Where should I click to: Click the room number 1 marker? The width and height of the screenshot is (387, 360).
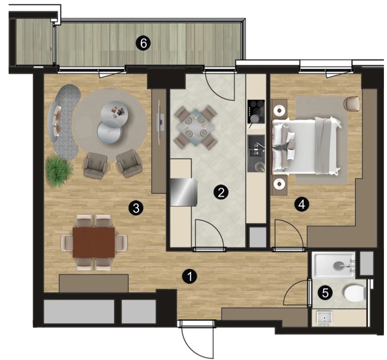190,277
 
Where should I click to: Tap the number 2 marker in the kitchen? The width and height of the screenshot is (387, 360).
221,192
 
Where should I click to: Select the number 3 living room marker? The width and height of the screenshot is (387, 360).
136,209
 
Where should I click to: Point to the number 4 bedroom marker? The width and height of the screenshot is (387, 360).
302,205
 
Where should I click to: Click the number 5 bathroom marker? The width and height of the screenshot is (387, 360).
325,293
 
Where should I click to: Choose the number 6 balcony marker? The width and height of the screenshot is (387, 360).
144,44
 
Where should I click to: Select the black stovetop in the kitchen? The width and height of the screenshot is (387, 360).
256,111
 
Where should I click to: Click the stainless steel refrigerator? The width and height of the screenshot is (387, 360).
184,192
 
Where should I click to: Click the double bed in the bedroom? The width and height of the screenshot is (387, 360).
306,147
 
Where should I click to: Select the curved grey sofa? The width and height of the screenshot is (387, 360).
64,122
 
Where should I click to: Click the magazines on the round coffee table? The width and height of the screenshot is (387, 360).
117,111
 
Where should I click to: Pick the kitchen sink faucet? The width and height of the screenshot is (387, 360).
261,146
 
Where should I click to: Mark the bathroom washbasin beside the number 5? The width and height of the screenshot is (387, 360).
324,318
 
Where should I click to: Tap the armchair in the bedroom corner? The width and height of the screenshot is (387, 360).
351,104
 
